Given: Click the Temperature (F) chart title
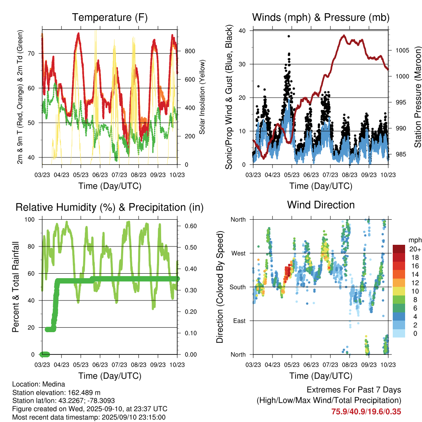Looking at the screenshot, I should tap(110, 18).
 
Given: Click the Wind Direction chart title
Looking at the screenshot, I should tap(321, 205).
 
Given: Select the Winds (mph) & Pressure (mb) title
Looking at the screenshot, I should tap(321, 18).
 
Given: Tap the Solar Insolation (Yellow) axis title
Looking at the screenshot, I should tap(202, 97).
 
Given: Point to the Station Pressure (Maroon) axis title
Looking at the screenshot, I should tap(417, 97).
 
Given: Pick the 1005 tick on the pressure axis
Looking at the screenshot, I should tap(402, 50).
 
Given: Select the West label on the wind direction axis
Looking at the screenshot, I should tap(238, 253).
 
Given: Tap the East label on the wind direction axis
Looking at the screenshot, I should tap(239, 321).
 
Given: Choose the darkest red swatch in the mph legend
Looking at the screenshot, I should tap(399, 249).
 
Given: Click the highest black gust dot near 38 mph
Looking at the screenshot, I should tap(289, 36).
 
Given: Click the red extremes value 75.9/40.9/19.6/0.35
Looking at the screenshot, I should tap(366, 411).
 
